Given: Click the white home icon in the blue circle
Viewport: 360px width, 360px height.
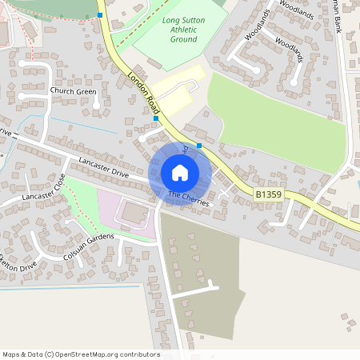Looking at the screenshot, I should [x=179, y=173].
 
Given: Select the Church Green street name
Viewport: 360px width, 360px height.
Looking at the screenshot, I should [x=73, y=91].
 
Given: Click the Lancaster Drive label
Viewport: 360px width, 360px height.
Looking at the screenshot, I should [x=103, y=167].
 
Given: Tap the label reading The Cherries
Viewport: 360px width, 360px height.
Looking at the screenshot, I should [x=189, y=198].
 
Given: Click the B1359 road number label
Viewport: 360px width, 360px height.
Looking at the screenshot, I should [x=270, y=194].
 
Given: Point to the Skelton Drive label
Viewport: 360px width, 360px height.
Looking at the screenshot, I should [x=18, y=263].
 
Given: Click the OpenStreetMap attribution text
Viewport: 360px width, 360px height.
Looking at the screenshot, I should [x=81, y=354].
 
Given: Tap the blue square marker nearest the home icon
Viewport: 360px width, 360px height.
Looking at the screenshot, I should [x=199, y=146].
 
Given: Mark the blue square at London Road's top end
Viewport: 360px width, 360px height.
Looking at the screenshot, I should [x=99, y=14].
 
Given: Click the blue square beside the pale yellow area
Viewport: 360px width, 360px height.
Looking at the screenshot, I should [x=156, y=118].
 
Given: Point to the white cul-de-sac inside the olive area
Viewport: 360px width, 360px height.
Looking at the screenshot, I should [x=192, y=289].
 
